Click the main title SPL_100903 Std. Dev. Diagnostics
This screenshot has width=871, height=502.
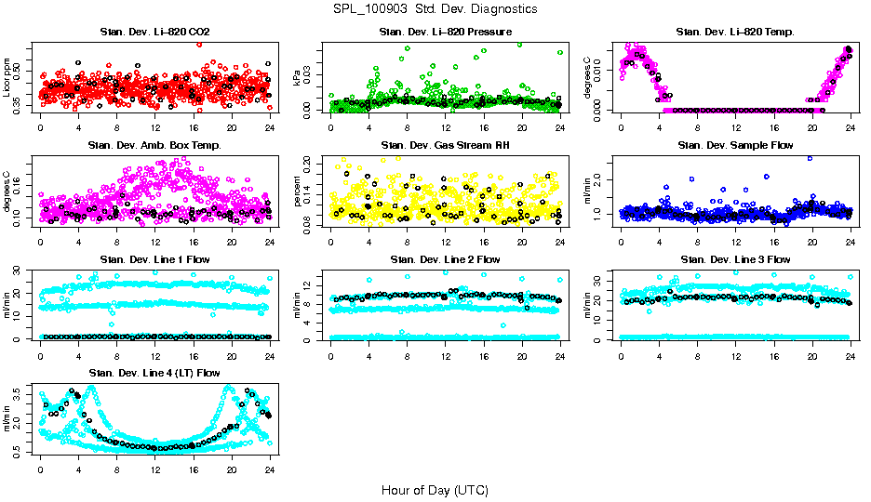tap(435, 9)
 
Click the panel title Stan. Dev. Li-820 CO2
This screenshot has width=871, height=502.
tap(154, 33)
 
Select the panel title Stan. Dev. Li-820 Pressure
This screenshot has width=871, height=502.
tap(445, 33)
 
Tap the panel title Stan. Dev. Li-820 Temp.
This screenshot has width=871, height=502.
tap(735, 33)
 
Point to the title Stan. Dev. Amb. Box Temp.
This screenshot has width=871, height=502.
tap(154, 146)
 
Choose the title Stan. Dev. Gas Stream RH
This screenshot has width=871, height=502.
tap(445, 146)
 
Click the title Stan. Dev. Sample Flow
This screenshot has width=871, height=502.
tap(735, 146)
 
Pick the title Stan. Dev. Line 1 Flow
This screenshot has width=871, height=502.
tap(154, 259)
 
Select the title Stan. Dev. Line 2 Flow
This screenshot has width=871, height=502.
tap(445, 259)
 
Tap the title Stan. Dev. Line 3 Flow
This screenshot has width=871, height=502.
tap(735, 259)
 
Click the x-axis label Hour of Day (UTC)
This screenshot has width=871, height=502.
tap(435, 489)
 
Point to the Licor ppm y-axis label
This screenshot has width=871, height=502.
tap(7, 78)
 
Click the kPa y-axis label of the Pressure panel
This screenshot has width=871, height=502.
tap(298, 78)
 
